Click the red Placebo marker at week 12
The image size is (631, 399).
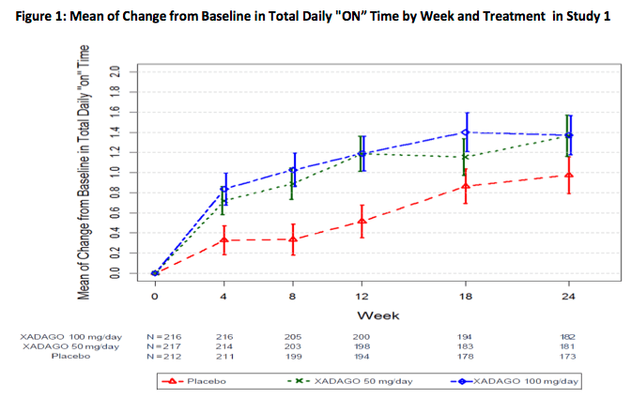coord(362,222)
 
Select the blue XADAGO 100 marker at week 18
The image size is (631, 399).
coord(465,132)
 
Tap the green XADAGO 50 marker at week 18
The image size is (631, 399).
coord(465,157)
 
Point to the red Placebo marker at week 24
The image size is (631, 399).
coord(568,175)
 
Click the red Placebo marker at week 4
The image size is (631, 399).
coord(223,240)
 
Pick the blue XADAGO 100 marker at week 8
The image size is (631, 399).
coord(293,170)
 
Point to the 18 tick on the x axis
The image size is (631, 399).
coord(465,296)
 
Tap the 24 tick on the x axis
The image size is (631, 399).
coord(568,296)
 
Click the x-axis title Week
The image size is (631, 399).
coord(362,314)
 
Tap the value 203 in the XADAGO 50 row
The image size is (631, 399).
coord(293,345)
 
